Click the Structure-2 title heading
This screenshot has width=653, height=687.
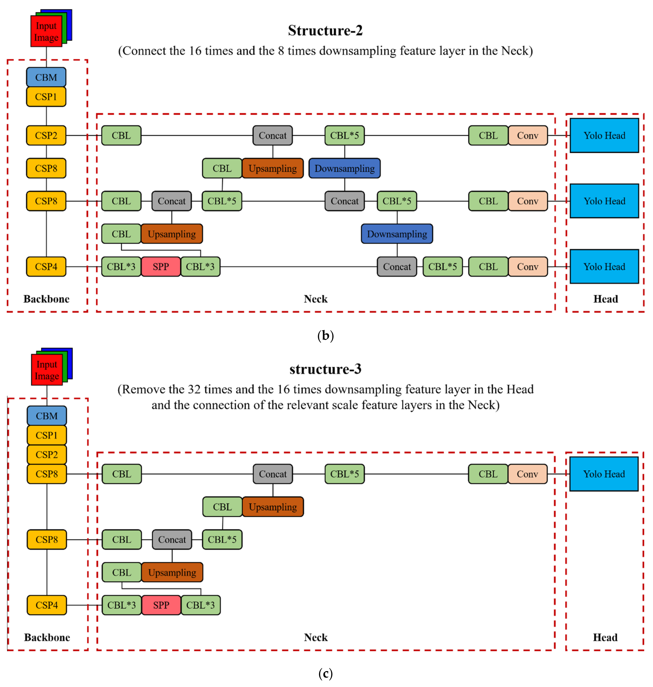[325, 31]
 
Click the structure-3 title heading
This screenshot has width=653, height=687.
[325, 369]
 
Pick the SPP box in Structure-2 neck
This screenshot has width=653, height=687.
[161, 267]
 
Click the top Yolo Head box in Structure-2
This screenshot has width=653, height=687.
[604, 136]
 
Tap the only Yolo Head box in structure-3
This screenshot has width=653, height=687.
[604, 474]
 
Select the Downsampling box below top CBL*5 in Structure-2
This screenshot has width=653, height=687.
[345, 169]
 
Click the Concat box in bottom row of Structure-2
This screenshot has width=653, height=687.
[397, 267]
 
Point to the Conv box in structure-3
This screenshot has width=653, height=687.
[527, 474]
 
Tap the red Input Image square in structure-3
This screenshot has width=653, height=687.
[47, 370]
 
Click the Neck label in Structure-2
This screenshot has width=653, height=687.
[315, 299]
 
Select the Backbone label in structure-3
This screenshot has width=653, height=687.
[47, 637]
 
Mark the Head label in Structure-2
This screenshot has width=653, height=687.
[606, 299]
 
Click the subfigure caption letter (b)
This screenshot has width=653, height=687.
[325, 336]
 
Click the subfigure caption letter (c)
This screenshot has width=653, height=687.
[325, 673]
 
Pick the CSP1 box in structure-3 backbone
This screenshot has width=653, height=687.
[47, 435]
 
